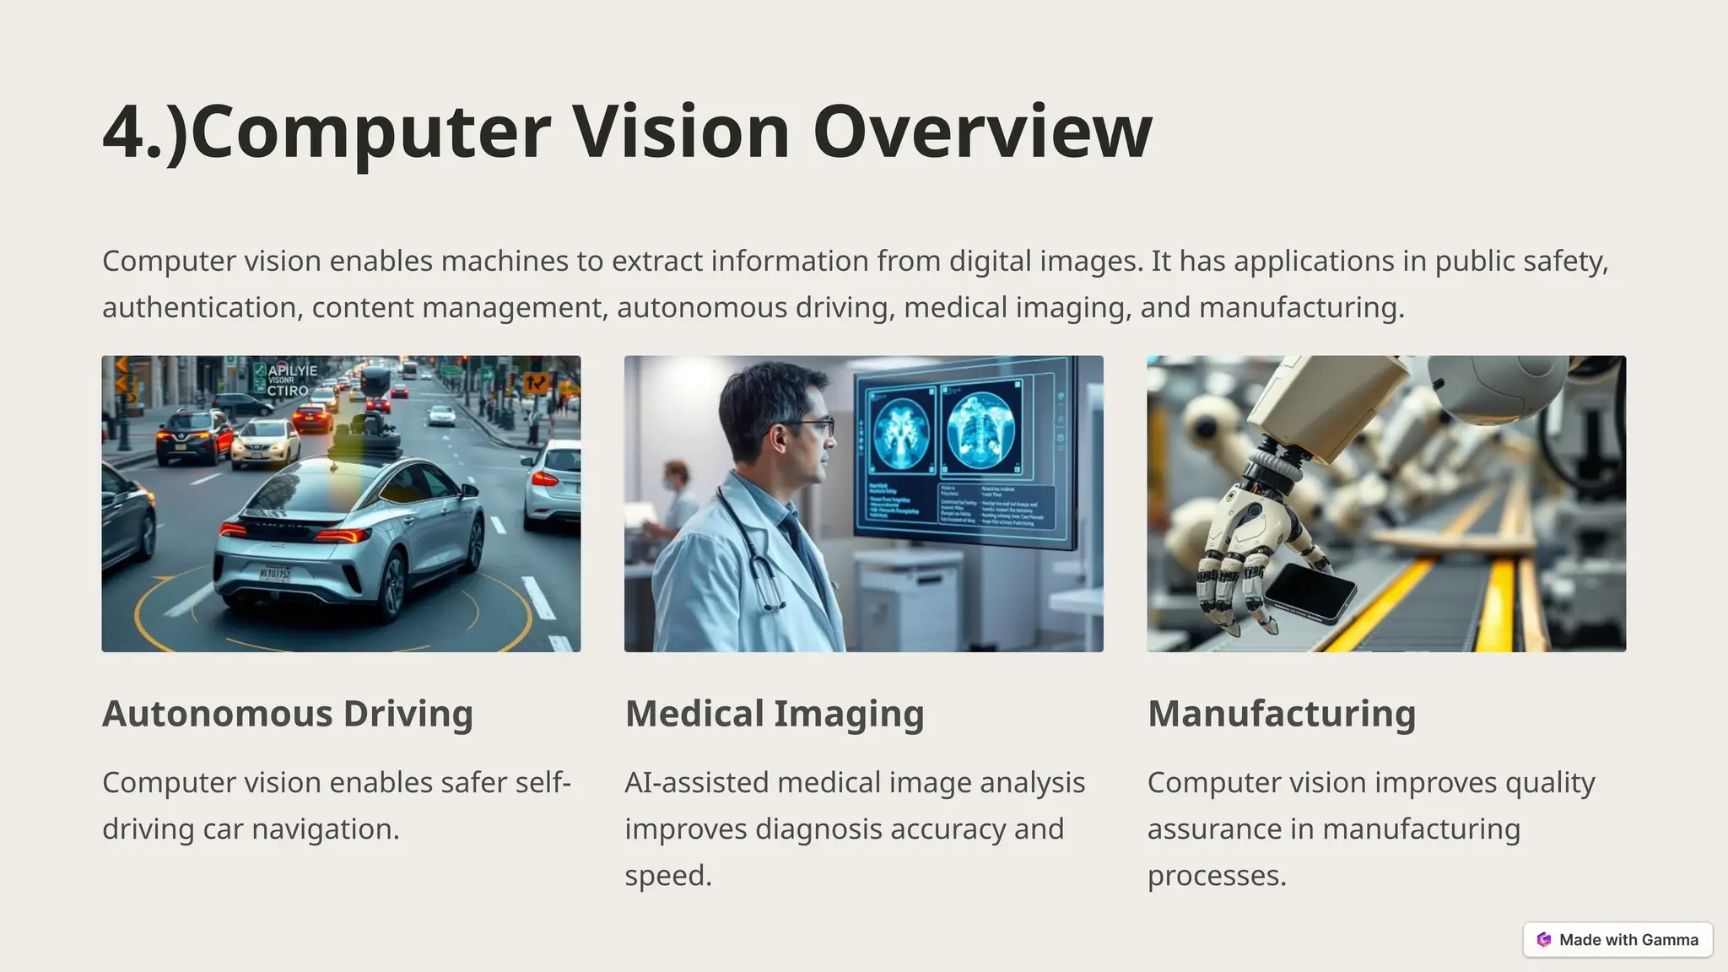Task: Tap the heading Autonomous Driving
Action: click(287, 714)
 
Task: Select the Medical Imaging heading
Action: click(774, 714)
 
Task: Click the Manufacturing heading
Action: click(1281, 714)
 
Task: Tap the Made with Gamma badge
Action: click(1617, 940)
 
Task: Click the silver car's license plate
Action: click(275, 574)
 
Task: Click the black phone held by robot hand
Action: click(1309, 591)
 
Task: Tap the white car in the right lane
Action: click(552, 483)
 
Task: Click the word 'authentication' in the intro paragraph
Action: click(198, 308)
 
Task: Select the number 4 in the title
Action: click(124, 132)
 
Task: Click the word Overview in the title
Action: click(982, 132)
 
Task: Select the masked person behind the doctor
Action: click(676, 498)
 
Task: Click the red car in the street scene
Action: click(311, 418)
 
